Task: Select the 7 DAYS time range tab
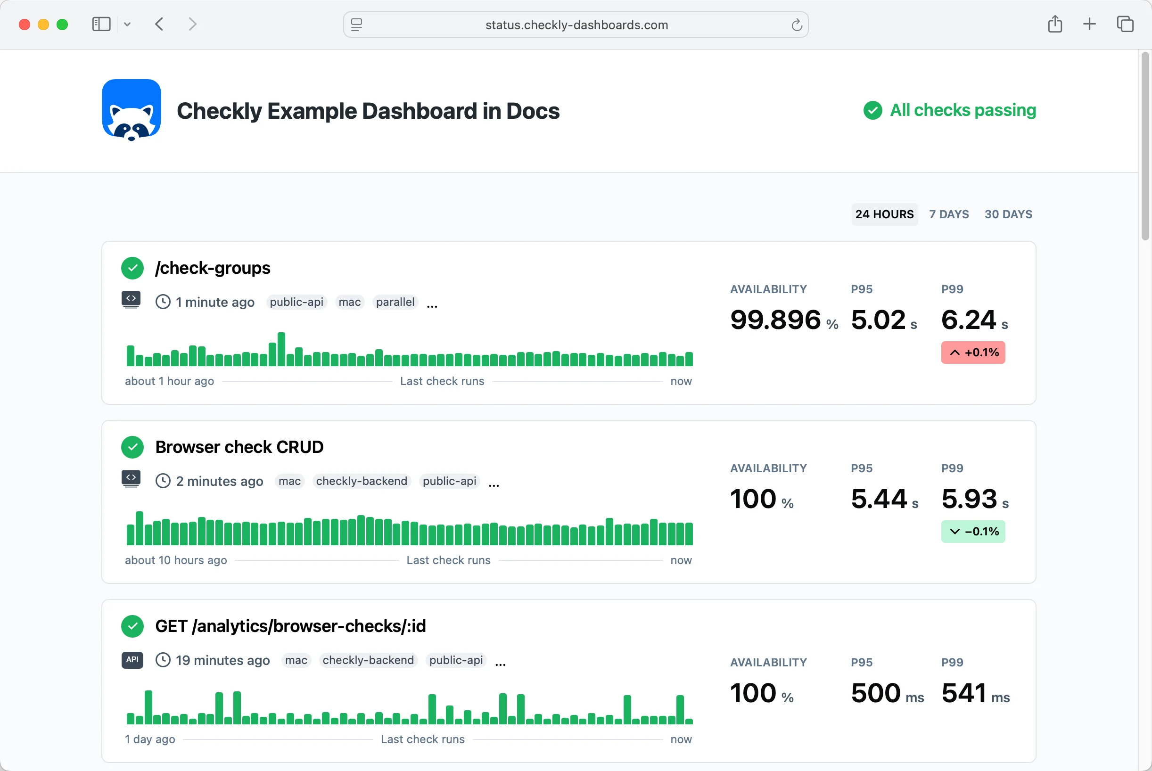tap(949, 214)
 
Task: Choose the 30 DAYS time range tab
tap(1008, 214)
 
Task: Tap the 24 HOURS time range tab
tap(885, 214)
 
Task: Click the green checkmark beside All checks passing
tap(873, 110)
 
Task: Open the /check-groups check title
tap(213, 268)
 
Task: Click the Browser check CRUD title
tap(239, 447)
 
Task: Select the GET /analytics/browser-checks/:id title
tap(290, 626)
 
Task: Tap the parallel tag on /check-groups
tap(395, 302)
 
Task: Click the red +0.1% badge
tap(973, 353)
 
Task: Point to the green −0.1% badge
tap(973, 532)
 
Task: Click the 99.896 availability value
tap(775, 320)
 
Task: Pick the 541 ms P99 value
tap(976, 693)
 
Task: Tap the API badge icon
tap(132, 660)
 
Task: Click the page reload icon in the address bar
tap(797, 25)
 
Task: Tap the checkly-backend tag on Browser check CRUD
tap(362, 481)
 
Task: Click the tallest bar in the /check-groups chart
tap(281, 350)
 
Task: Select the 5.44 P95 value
tap(879, 499)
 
